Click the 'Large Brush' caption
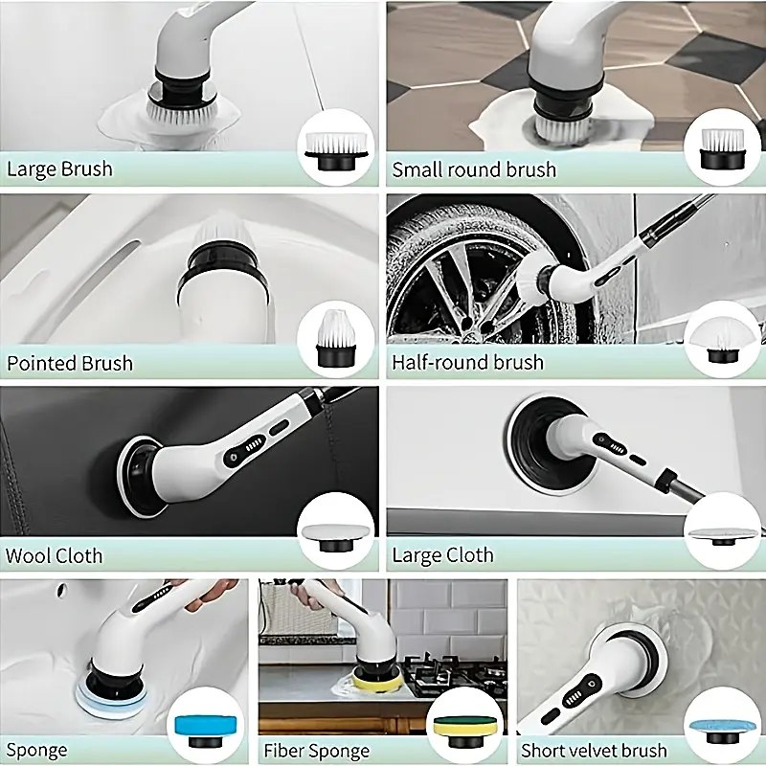(x=59, y=169)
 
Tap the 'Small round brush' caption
(x=474, y=169)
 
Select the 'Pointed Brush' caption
(x=69, y=363)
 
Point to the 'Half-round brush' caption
(x=467, y=362)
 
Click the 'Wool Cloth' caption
(x=54, y=555)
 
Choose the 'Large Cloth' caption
(x=442, y=555)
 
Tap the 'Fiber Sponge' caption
(x=317, y=750)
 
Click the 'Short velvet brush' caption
(x=594, y=750)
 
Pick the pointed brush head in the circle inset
(x=336, y=338)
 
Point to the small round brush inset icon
(x=723, y=148)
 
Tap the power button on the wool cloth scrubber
(x=232, y=458)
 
